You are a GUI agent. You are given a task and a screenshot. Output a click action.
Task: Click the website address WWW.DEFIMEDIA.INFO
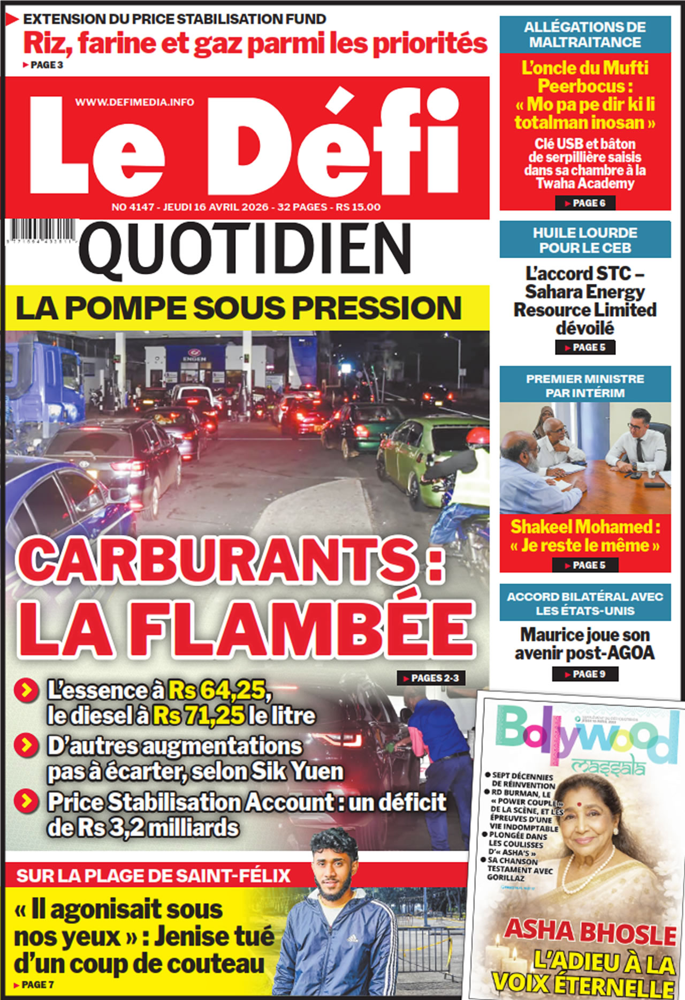pyautogui.click(x=134, y=102)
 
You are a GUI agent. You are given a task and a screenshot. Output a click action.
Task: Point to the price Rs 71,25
pyautogui.click(x=199, y=716)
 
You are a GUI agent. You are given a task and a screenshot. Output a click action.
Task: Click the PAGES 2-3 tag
pyautogui.click(x=431, y=678)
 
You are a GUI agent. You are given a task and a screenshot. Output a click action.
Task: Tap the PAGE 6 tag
pyautogui.click(x=585, y=203)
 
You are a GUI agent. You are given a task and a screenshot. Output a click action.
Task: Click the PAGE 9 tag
pyautogui.click(x=585, y=674)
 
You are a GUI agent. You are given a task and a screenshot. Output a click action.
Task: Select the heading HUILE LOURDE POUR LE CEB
pyautogui.click(x=585, y=240)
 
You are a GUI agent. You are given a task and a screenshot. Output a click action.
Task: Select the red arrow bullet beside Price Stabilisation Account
pyautogui.click(x=26, y=802)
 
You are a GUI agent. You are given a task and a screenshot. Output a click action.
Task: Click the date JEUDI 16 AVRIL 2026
pyautogui.click(x=216, y=207)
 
